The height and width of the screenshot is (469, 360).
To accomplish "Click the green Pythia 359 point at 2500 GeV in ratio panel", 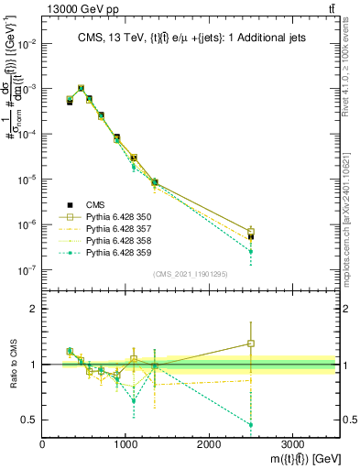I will coord(251,424).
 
